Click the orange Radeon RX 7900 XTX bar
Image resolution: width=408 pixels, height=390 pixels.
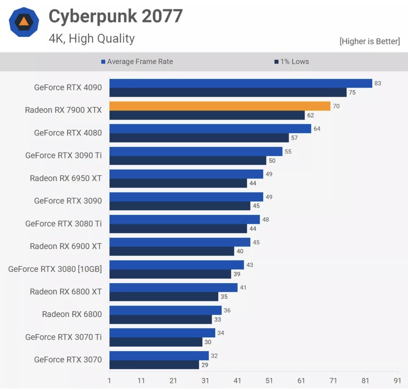click(220, 106)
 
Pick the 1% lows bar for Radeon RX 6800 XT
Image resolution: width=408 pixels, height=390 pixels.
click(164, 296)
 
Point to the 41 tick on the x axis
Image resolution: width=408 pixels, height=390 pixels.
click(237, 380)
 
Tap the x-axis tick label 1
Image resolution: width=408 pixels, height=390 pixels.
click(109, 380)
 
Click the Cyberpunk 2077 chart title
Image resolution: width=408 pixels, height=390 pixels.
click(115, 16)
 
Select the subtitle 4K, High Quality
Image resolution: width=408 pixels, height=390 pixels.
click(92, 38)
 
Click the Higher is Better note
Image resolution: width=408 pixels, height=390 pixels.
click(369, 41)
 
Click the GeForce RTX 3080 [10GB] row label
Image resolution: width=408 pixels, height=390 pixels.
click(55, 269)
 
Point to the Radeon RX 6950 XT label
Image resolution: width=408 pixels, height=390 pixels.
click(66, 178)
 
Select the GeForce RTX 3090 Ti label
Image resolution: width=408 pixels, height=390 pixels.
click(63, 155)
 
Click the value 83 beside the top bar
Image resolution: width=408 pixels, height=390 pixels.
click(378, 83)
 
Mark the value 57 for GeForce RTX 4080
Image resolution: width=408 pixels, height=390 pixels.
click(294, 137)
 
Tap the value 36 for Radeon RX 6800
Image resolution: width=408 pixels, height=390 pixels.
click(227, 310)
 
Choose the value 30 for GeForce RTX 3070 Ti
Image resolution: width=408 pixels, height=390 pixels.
click(208, 342)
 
